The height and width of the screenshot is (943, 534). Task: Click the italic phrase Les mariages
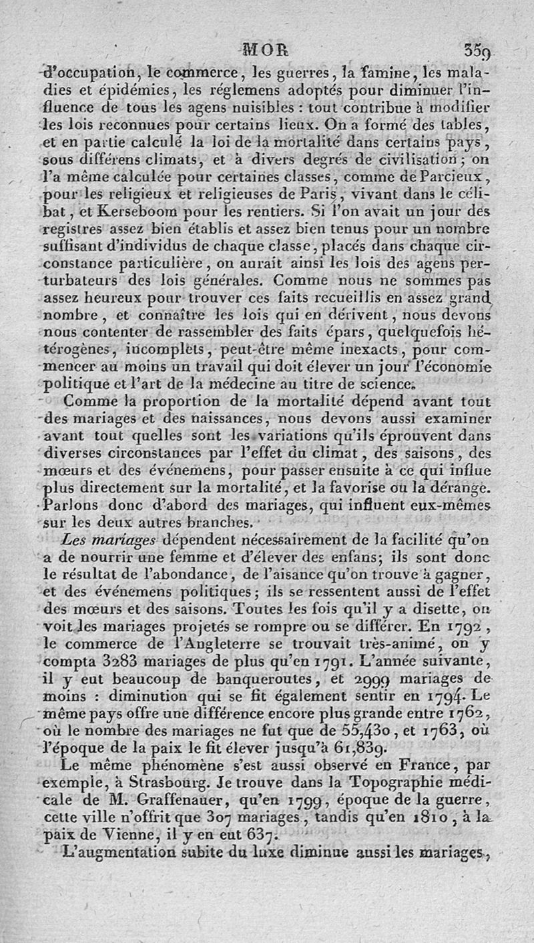(108, 539)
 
